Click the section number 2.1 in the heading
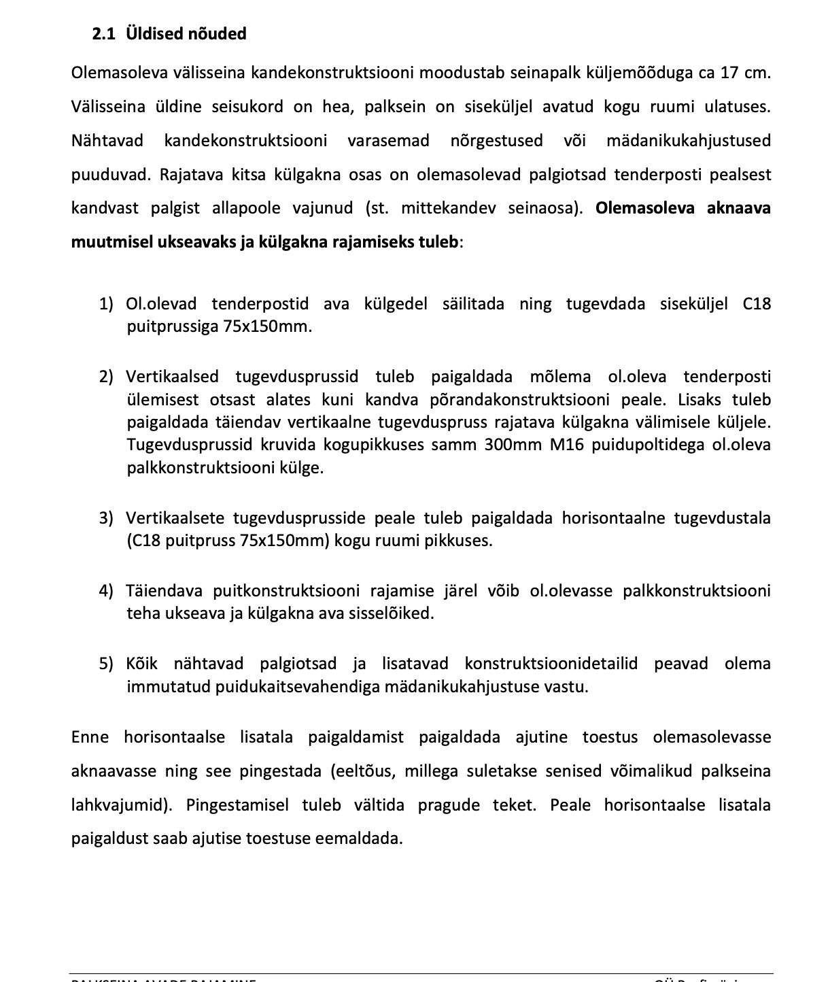tap(103, 34)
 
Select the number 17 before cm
tap(729, 73)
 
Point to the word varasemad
tap(388, 141)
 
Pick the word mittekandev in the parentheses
tap(448, 208)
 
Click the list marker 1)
tap(107, 304)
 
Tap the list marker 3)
tap(107, 518)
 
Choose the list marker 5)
tap(107, 664)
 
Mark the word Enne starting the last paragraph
tap(89, 737)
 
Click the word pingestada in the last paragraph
tap(280, 771)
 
